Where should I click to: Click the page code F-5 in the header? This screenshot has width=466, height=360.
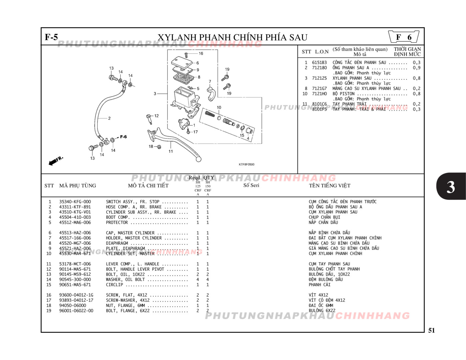[x=51, y=37]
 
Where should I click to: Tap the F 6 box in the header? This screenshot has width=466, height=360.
[x=404, y=37]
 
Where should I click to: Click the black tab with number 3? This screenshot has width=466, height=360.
[x=450, y=187]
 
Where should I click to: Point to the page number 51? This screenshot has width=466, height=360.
[x=431, y=330]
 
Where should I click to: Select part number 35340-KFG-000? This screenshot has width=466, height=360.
[x=75, y=202]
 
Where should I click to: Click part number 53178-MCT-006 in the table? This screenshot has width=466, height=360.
[x=75, y=264]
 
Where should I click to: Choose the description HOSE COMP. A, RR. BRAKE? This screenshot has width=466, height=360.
[x=134, y=207]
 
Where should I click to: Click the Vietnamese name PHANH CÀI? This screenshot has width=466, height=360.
[x=319, y=285]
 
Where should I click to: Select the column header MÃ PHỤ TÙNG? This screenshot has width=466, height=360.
[x=77, y=186]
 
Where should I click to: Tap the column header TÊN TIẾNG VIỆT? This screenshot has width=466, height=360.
[x=329, y=186]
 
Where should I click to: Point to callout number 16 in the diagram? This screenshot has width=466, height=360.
[x=201, y=53]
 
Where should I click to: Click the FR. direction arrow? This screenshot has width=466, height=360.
[x=55, y=161]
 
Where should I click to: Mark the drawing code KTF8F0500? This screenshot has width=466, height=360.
[x=246, y=164]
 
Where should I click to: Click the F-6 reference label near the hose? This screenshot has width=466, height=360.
[x=123, y=137]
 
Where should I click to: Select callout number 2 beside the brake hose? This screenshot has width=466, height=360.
[x=109, y=118]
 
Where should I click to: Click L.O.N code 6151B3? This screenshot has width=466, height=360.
[x=319, y=63]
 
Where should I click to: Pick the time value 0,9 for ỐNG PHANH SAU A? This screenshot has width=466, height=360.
[x=416, y=68]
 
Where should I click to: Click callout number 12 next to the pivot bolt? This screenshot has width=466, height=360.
[x=156, y=116]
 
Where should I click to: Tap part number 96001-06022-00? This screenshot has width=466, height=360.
[x=76, y=311]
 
